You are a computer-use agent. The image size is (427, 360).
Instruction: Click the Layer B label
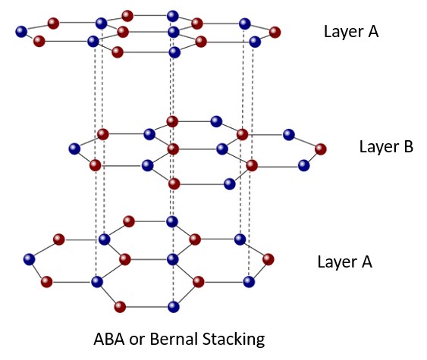click(x=385, y=147)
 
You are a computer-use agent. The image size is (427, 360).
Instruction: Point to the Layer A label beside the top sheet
click(x=350, y=32)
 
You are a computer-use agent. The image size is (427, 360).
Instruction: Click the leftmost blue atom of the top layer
click(x=21, y=32)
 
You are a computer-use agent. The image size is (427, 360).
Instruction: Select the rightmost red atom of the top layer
click(x=275, y=32)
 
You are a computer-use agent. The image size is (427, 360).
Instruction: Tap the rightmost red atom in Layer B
click(x=321, y=149)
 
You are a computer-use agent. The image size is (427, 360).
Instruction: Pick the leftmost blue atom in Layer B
click(x=74, y=149)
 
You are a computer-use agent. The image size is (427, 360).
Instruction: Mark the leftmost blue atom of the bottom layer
click(x=29, y=259)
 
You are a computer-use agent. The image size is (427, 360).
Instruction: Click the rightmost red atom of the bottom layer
click(x=267, y=259)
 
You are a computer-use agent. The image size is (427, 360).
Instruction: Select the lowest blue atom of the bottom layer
click(x=174, y=307)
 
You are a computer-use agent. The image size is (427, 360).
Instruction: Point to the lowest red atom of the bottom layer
click(x=119, y=307)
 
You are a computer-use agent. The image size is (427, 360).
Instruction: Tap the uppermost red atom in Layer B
click(x=172, y=121)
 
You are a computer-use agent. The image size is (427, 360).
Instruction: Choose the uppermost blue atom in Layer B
click(x=216, y=121)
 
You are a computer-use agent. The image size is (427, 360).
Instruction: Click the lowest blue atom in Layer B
click(x=228, y=183)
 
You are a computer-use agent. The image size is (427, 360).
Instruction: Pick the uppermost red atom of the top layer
click(x=127, y=15)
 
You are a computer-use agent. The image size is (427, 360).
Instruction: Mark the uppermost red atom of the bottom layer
click(x=129, y=222)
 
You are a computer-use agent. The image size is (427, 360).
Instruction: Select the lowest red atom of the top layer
click(x=117, y=52)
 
